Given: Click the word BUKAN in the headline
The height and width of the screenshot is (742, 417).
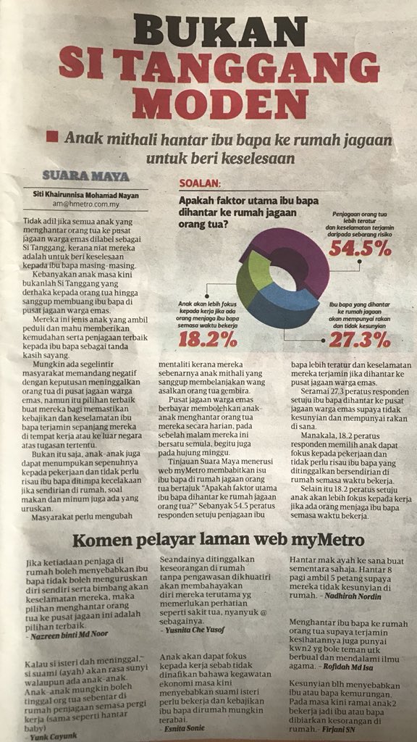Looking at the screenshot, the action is click(209, 32).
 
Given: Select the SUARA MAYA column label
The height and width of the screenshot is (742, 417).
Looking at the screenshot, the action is click(85, 176).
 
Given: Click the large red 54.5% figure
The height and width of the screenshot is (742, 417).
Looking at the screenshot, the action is click(360, 249).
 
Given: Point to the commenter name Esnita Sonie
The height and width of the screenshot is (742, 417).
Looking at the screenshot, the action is click(188, 728).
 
